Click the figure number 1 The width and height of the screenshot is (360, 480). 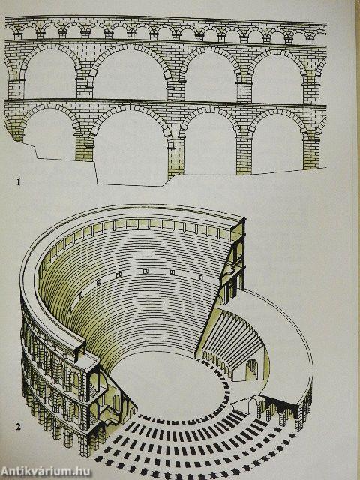coord(19,182)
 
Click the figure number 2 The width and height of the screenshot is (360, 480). coord(19,427)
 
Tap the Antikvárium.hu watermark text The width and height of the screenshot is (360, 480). coord(46,472)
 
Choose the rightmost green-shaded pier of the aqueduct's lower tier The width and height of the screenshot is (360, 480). coord(311,153)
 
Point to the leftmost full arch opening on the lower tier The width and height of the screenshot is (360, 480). coord(49,135)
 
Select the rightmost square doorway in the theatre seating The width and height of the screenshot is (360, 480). coord(200,277)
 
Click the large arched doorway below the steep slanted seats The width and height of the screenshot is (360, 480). coord(253,369)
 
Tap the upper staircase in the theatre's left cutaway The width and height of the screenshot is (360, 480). coord(92,388)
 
